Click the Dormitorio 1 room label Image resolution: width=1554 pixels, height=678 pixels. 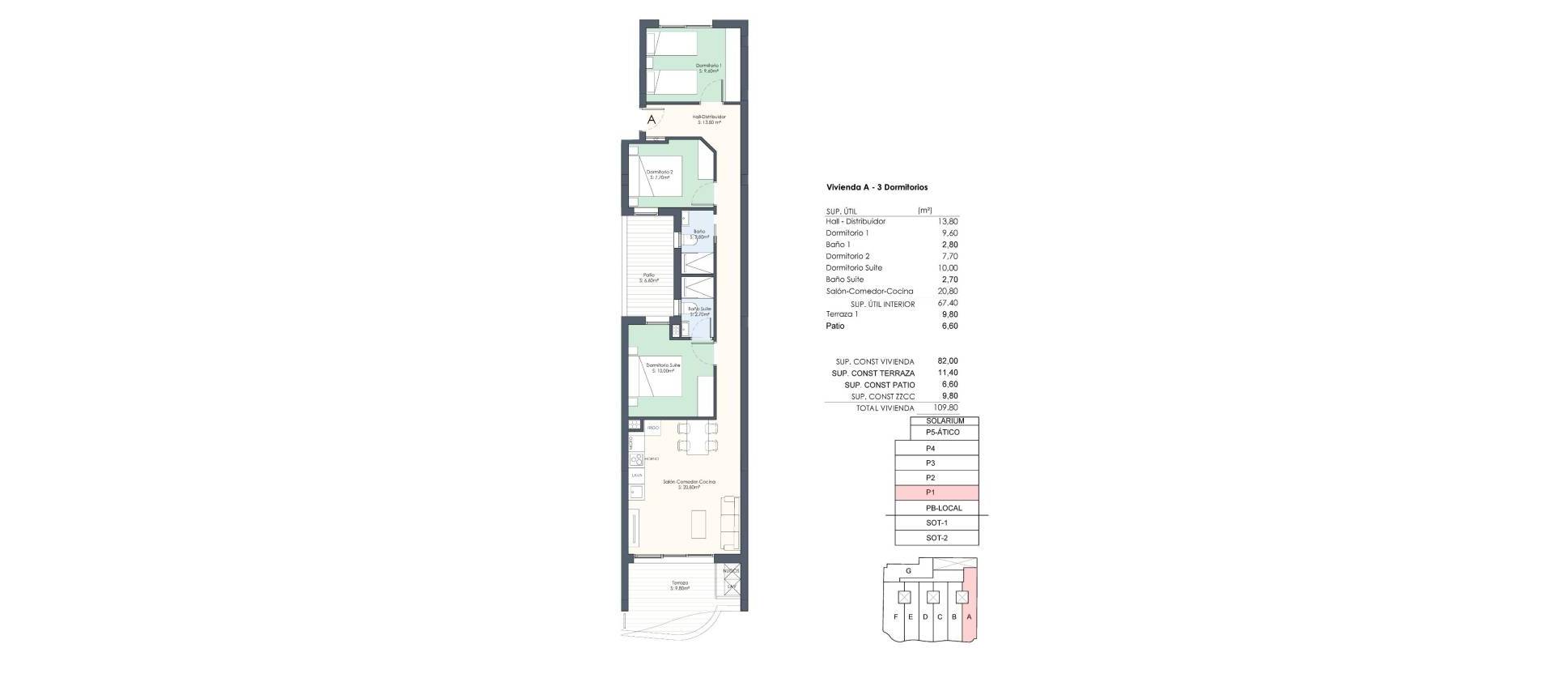pos(708,68)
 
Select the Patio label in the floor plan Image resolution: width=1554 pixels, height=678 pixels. pos(648,277)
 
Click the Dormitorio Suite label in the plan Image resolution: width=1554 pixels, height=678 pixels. pos(663,368)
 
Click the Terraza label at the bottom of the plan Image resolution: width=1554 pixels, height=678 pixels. pos(679,585)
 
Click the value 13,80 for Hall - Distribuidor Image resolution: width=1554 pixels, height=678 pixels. pos(947,221)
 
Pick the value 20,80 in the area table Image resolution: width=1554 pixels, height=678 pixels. pos(947,291)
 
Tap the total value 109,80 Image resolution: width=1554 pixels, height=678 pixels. pos(945,408)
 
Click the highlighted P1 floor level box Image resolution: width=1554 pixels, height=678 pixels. pos(936,493)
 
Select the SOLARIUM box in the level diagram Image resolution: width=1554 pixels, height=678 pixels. pos(944,421)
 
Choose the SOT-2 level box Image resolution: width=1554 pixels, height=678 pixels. pos(936,538)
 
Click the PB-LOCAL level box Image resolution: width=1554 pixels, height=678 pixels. pos(944,508)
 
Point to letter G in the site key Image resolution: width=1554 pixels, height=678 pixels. pos(909,571)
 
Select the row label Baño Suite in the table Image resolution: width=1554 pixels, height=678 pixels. pos(847,279)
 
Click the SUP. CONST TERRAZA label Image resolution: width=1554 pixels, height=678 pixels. pos(873,373)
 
